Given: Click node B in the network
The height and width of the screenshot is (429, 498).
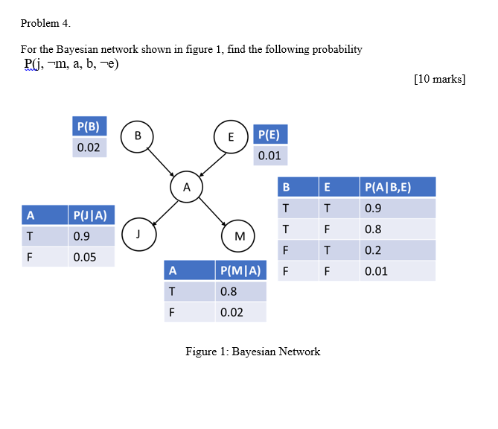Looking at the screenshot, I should coord(137,136).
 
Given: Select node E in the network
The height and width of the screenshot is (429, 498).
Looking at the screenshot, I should coord(231,136).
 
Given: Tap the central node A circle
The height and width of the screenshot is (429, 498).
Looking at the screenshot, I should coord(186,186).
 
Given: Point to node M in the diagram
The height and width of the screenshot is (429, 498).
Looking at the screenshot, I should coord(239,236).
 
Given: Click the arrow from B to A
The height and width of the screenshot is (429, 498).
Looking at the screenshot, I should coord(162,161).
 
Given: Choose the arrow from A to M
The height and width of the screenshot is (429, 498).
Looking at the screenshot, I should coord(212,211).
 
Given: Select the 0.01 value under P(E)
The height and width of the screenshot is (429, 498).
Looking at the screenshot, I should coord(269,156).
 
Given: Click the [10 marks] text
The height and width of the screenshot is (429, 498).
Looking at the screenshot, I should coord(439,79).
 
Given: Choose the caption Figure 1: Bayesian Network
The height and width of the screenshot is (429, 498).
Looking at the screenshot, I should coord(252,352).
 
